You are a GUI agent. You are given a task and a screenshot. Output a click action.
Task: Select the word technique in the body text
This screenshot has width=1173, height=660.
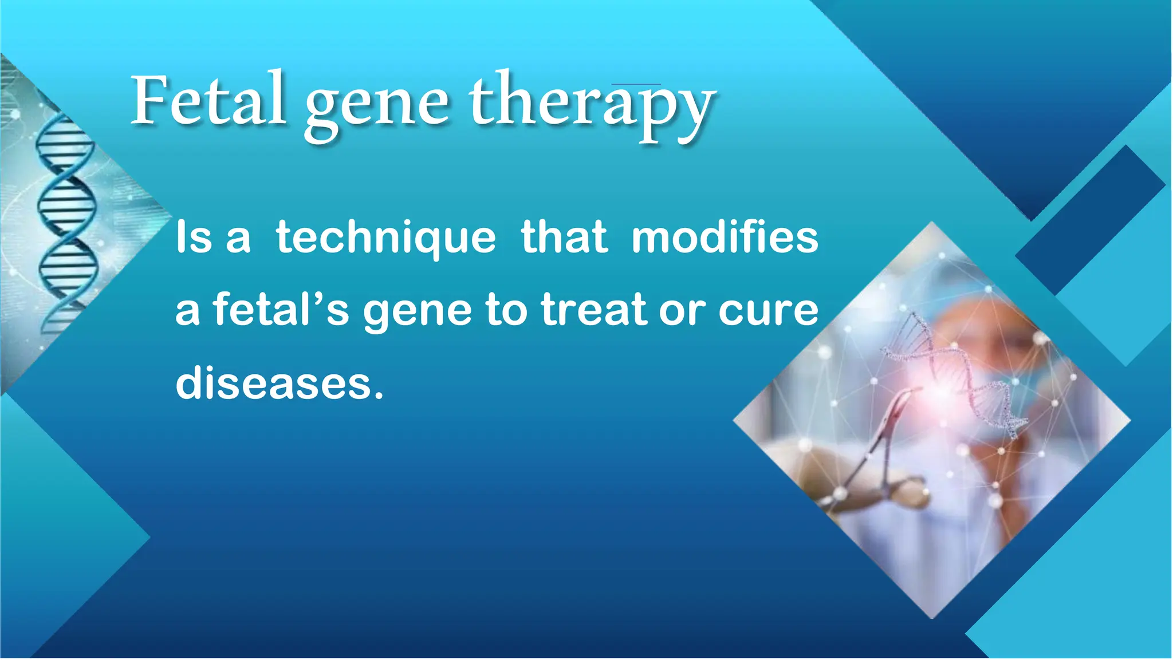point(385,238)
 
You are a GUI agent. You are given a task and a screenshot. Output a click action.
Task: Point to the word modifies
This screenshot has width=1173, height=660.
point(725,238)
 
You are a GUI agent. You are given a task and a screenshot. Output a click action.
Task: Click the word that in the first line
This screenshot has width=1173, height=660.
point(564,238)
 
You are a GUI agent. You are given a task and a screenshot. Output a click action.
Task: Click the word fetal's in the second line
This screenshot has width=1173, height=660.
point(281,310)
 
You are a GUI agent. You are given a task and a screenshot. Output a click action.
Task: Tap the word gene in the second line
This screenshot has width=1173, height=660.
point(418,312)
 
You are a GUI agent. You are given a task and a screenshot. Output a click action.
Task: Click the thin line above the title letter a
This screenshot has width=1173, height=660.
point(636,84)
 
